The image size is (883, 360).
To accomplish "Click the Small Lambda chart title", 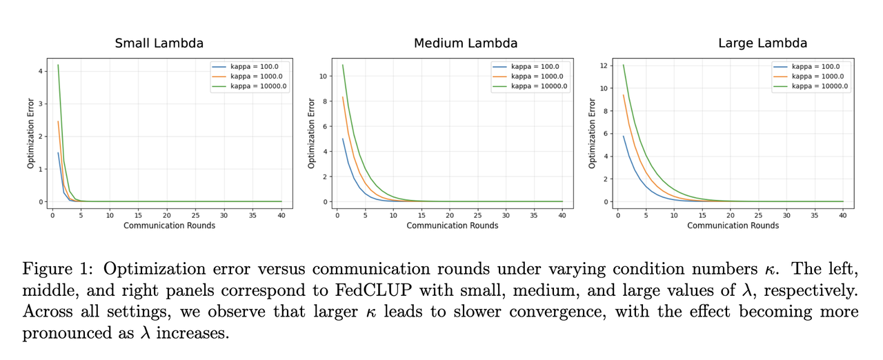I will point(159,43).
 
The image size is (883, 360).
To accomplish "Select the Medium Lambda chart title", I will point(466,43).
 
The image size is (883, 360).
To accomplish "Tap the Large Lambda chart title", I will point(762,43).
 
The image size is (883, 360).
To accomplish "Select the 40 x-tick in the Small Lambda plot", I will point(281,215).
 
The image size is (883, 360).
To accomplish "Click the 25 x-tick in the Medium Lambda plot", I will point(477,215).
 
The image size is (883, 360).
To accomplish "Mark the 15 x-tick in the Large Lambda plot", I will point(702,215).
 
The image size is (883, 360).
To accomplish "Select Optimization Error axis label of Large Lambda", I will point(592,133).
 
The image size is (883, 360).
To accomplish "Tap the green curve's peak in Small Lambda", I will point(58,66).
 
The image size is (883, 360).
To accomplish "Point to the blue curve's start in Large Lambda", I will point(624,136).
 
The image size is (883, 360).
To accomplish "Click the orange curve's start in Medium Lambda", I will point(343,97).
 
